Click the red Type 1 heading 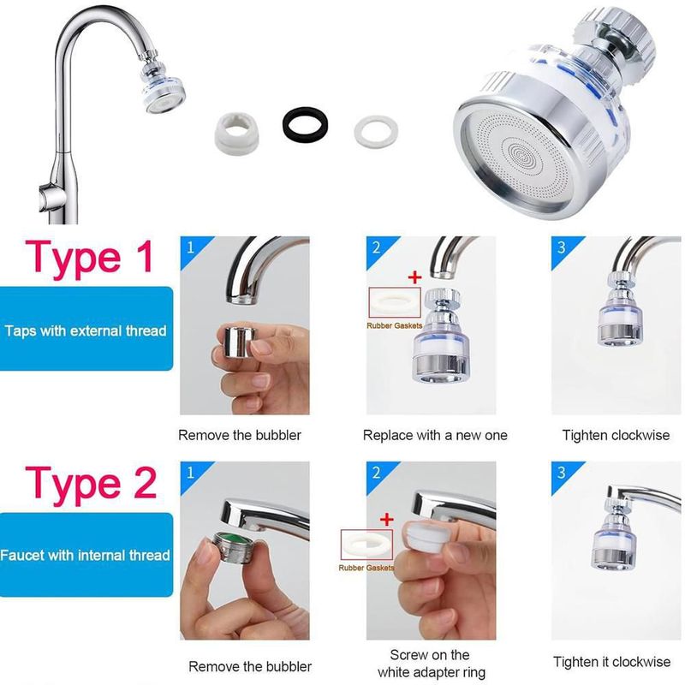point(89,259)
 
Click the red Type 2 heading point(91,485)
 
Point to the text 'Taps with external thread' point(86,331)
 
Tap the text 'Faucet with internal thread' point(85,555)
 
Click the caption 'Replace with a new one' point(435,435)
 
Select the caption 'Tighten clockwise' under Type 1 point(616,435)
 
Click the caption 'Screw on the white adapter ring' point(432,663)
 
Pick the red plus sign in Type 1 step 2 point(414,277)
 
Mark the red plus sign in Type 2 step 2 point(387,520)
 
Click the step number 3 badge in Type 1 point(562,247)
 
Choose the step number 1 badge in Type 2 point(190,473)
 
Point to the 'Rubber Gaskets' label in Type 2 point(366,568)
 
